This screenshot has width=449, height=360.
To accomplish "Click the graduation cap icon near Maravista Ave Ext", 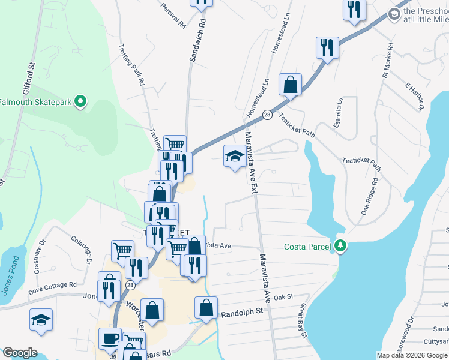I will click(x=234, y=157).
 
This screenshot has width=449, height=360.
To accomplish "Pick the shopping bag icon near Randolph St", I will click(x=206, y=308).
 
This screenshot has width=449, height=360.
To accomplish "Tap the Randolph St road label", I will click(x=242, y=313).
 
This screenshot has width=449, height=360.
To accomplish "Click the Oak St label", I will click(x=283, y=297).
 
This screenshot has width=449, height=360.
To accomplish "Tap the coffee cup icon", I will click(x=110, y=338).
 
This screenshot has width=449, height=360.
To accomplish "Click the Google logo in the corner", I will click(x=20, y=353).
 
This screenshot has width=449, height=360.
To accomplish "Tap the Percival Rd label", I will click(x=173, y=14).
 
